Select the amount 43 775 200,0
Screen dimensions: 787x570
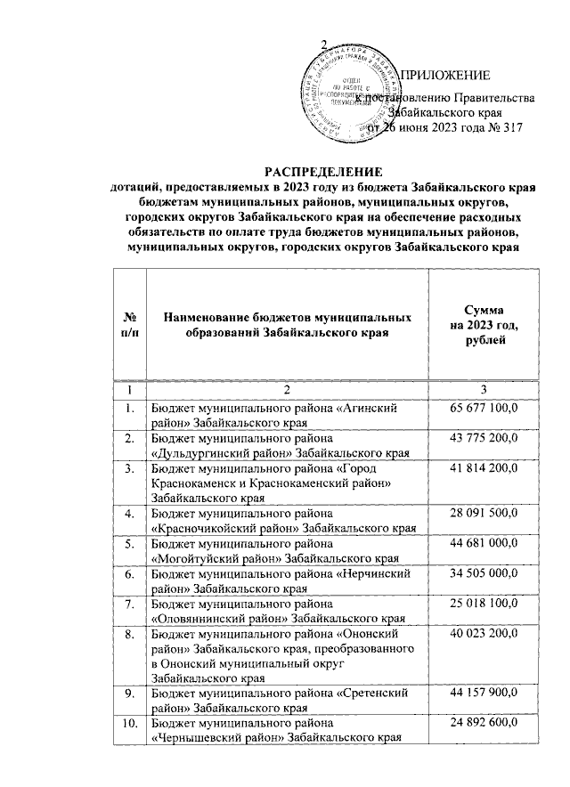coord(483,438)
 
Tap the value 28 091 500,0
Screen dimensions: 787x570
coord(483,514)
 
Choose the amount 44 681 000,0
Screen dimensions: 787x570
coord(483,544)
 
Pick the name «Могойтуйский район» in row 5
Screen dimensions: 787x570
coord(214,559)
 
